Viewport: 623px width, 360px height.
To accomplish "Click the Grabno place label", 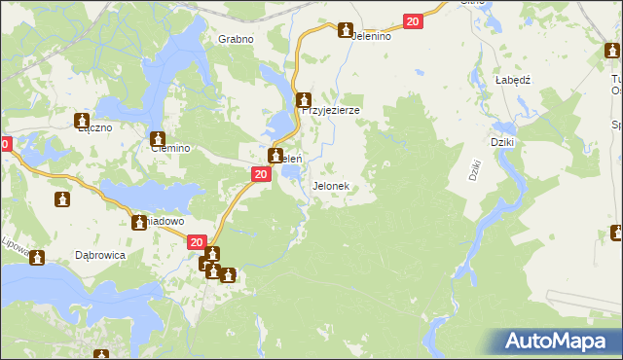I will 236,40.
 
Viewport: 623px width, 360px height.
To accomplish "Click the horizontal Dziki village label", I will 502,142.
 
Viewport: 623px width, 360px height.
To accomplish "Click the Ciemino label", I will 168,149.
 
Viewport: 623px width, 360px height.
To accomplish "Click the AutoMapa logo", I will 560,342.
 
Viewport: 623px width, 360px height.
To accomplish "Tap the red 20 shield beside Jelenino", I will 413,21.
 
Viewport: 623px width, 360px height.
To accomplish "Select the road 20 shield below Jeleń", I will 260,174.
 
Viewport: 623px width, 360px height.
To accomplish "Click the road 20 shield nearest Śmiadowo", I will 197,242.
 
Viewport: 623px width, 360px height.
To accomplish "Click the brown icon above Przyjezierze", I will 304,99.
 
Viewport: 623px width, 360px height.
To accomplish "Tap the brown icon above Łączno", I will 83,122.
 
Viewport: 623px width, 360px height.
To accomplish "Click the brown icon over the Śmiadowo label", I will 140,223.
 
